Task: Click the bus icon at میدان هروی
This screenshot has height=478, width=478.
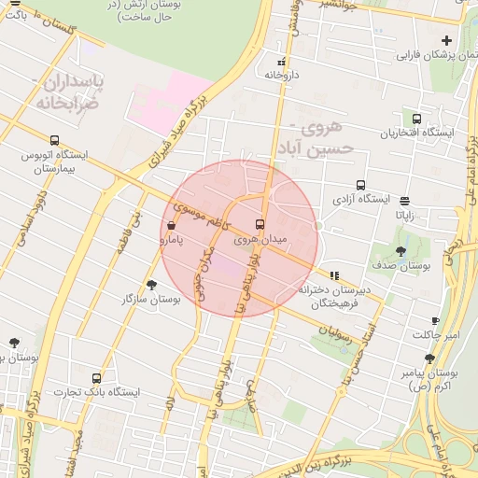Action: pyautogui.click(x=260, y=224)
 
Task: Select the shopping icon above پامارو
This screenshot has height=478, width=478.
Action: pyautogui.click(x=171, y=225)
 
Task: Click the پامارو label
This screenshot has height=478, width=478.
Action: pyautogui.click(x=171, y=241)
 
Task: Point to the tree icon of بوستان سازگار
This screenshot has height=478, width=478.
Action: pyautogui.click(x=151, y=284)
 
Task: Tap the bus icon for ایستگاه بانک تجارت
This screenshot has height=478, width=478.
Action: pyautogui.click(x=96, y=378)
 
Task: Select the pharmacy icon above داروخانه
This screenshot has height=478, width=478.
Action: pyautogui.click(x=281, y=59)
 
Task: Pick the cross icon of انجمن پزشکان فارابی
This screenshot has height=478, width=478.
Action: pyautogui.click(x=446, y=40)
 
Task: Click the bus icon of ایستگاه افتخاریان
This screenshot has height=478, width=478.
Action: pyautogui.click(x=415, y=119)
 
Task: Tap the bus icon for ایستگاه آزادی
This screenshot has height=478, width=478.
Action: pyautogui.click(x=359, y=185)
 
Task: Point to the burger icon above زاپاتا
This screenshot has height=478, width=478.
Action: pyautogui.click(x=403, y=200)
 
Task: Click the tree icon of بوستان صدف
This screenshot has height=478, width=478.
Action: pyautogui.click(x=401, y=251)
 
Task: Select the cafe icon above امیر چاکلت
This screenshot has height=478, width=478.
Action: pyautogui.click(x=435, y=320)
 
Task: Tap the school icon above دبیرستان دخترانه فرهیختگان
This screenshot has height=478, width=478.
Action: pyautogui.click(x=334, y=275)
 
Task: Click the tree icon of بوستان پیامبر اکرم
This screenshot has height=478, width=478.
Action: pyautogui.click(x=429, y=358)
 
